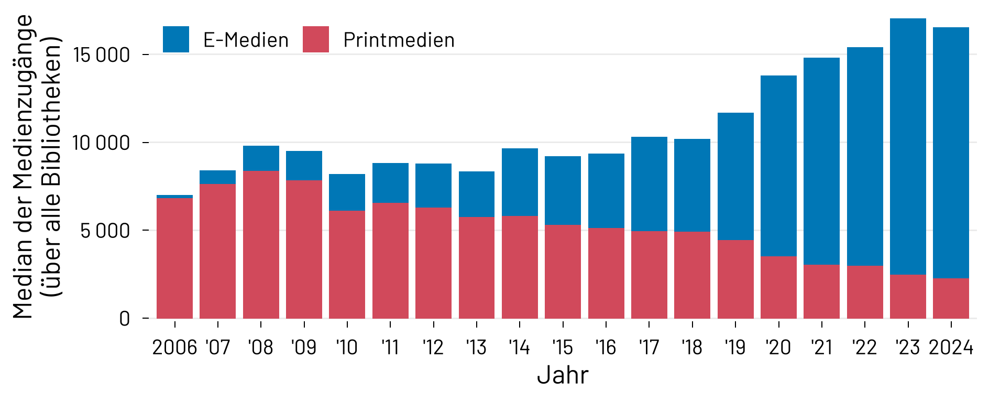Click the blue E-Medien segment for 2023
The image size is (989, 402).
tap(908, 147)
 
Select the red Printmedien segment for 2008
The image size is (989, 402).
tap(261, 244)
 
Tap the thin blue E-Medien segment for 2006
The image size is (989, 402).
tap(174, 197)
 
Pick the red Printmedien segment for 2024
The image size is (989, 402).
tap(951, 298)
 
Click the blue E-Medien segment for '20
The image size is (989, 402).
tap(778, 166)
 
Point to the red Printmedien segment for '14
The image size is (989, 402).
tap(520, 267)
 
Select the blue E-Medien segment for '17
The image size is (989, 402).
tap(649, 184)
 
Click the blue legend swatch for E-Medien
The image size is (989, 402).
tap(176, 39)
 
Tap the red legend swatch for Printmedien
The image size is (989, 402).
tap(316, 39)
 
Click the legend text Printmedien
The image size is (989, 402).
tap(399, 40)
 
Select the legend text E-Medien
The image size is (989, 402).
tap(246, 40)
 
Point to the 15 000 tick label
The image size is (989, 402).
tap(102, 55)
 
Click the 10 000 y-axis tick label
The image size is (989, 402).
tap(102, 143)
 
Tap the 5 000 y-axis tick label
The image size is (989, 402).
tap(105, 231)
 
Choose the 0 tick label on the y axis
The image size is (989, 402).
tap(124, 318)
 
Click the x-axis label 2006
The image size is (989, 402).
tap(174, 347)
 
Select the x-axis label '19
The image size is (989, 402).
tap(735, 347)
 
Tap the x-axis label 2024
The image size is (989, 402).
tap(951, 347)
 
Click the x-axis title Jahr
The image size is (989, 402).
tap(563, 375)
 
